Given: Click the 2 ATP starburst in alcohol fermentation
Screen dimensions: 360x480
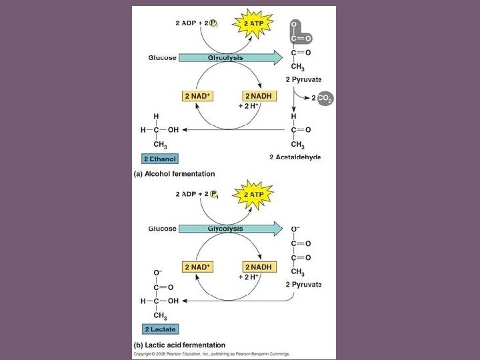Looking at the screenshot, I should click(252, 23).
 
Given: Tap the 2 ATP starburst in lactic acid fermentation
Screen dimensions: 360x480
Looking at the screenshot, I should click(252, 194).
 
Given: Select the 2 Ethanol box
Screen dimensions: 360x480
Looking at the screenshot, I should click(160, 159).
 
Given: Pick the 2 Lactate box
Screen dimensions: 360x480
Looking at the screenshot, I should click(160, 329).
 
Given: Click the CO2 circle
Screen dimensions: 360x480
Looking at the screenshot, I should click(325, 98).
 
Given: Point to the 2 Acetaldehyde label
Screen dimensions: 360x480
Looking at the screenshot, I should click(295, 157).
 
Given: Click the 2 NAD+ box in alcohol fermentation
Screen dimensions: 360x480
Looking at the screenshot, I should click(197, 96).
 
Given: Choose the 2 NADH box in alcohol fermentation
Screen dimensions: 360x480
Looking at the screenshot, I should click(257, 96).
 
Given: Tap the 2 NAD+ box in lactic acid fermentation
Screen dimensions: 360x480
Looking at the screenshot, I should click(197, 267).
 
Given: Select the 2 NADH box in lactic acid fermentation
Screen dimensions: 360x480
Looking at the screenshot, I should click(257, 267).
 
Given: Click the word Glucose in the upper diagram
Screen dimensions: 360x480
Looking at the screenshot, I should click(162, 58).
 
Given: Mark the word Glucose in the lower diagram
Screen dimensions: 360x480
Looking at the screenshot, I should click(162, 229).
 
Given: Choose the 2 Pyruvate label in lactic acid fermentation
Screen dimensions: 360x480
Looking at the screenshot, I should click(303, 285).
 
